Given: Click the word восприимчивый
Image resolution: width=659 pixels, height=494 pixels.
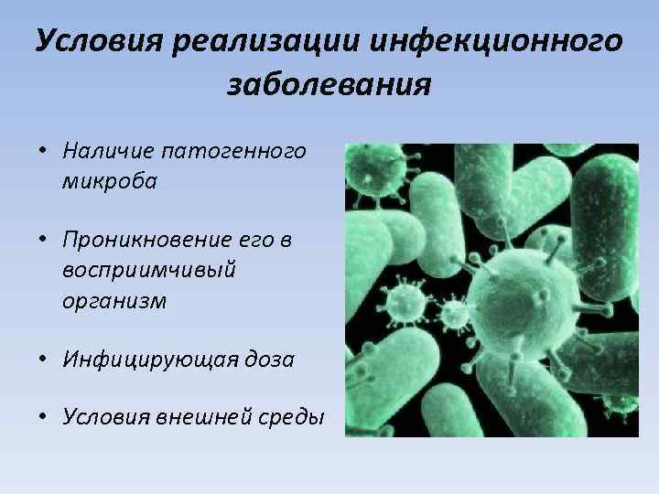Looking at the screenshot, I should (148, 272).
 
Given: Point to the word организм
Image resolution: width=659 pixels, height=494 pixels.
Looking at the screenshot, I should (114, 302).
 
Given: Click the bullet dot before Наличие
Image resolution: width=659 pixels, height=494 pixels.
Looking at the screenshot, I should (43, 151).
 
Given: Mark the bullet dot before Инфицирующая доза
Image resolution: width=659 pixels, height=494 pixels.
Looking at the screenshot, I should (43, 360).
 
